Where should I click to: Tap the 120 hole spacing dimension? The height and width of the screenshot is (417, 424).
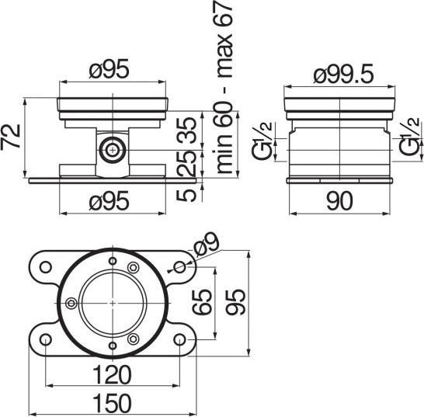[x=111, y=376]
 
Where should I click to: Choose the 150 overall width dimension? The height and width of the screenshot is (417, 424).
[x=111, y=404]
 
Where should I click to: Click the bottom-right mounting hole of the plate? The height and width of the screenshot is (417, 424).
[x=180, y=340]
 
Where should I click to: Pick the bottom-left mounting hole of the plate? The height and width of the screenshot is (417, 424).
[x=46, y=340]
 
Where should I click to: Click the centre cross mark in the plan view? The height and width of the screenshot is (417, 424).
[x=113, y=302]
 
